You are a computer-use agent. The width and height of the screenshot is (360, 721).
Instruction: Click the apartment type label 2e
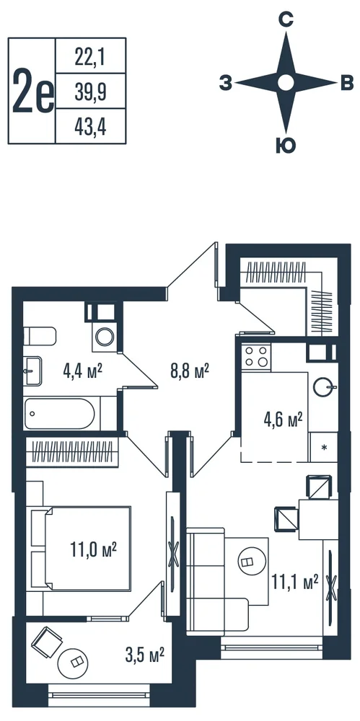pyautogui.click(x=33, y=91)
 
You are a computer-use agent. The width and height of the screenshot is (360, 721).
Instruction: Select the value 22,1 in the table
pyautogui.click(x=90, y=57)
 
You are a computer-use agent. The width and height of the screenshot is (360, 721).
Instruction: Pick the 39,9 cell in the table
pyautogui.click(x=90, y=92)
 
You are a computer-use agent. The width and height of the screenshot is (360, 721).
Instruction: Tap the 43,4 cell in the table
pyautogui.click(x=90, y=127)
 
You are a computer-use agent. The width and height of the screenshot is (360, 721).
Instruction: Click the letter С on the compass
pyautogui.click(x=286, y=19)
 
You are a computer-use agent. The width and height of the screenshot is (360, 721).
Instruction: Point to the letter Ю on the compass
pyautogui.click(x=286, y=146)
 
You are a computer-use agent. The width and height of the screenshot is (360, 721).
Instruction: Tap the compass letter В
pyautogui.click(x=346, y=84)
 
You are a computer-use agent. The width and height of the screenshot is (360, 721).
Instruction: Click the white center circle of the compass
pyautogui.click(x=286, y=83)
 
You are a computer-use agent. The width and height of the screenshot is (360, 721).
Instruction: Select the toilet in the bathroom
pyautogui.click(x=40, y=337)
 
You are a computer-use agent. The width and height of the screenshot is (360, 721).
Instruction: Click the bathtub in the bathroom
pyautogui.click(x=59, y=413)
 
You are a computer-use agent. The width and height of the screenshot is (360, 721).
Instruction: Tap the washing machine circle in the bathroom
pyautogui.click(x=105, y=337)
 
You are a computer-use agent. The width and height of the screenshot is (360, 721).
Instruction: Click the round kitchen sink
pyautogui.click(x=322, y=386)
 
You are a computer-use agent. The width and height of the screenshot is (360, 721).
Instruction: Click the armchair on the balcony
pyautogui.click(x=46, y=643)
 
